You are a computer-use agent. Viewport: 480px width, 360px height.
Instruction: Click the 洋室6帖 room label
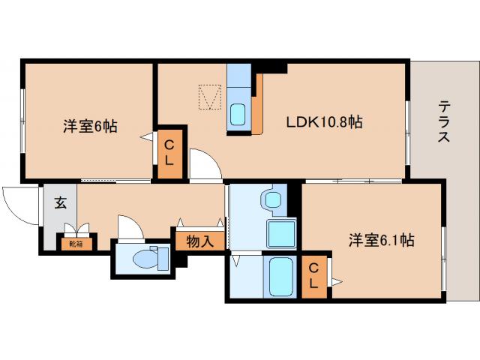[x=89, y=127]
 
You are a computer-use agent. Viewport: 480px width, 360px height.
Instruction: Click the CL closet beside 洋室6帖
[x=169, y=152]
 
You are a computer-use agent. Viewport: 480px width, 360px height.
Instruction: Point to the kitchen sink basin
[x=238, y=115]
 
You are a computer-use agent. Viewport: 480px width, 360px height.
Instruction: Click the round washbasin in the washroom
[x=271, y=199]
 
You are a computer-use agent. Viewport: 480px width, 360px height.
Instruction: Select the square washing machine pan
[x=281, y=235]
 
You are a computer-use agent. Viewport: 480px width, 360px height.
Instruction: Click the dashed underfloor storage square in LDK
[x=210, y=97]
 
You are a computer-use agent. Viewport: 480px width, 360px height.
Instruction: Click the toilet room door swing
[x=130, y=228]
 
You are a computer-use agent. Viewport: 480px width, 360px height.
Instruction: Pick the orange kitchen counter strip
[x=258, y=105]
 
